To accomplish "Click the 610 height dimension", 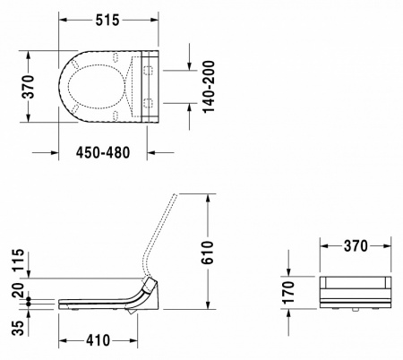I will click(x=229, y=253).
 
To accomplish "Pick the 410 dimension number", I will click(x=99, y=341).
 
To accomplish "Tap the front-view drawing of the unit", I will click(x=355, y=293).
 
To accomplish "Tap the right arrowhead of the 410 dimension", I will click(x=134, y=341).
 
